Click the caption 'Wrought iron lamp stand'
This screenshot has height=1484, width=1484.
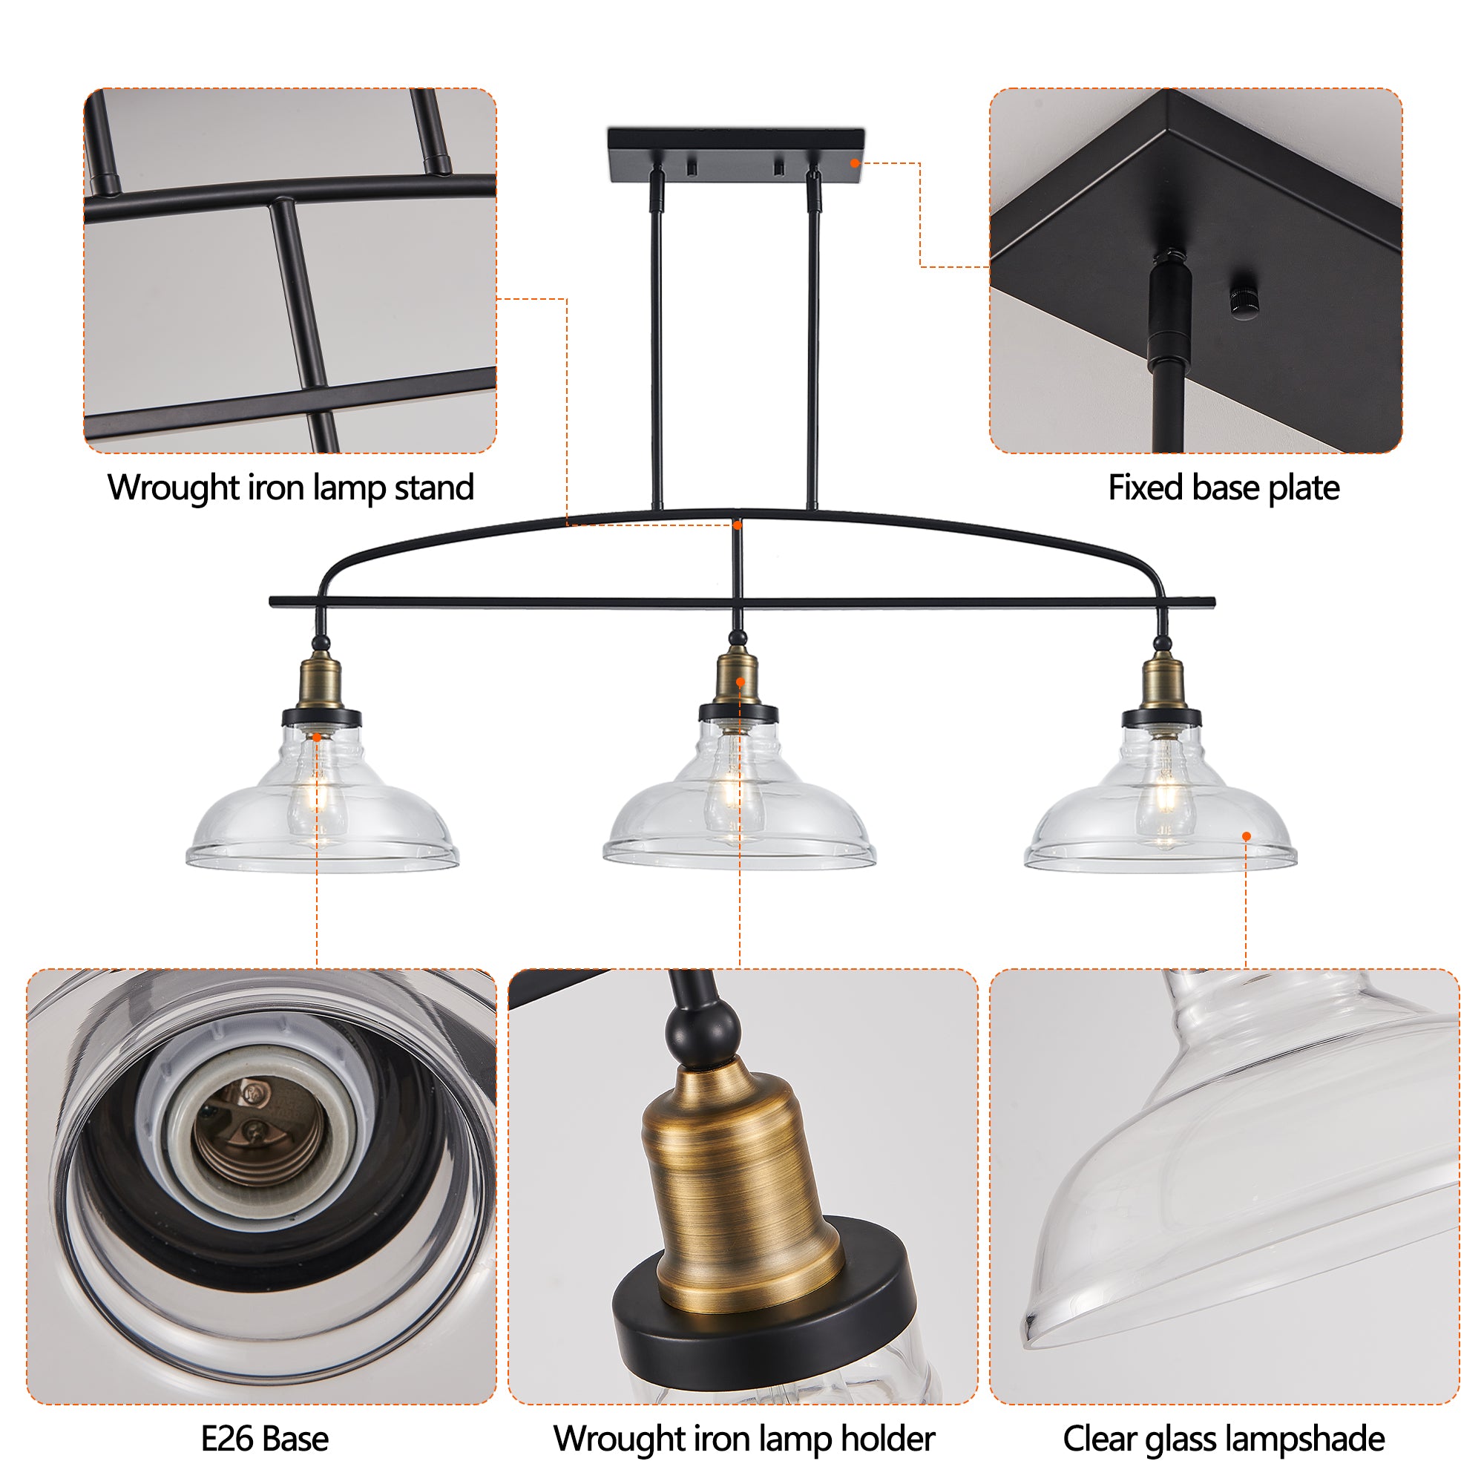290,487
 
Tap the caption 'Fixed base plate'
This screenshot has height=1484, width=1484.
1223,487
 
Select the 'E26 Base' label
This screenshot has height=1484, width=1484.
264,1438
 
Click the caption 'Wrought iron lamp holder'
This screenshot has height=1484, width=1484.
743,1438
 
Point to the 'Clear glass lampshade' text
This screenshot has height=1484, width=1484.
1223,1438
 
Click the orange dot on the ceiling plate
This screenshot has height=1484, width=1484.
854,162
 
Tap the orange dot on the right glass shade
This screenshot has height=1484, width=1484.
1246,835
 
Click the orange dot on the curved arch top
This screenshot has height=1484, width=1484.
737,525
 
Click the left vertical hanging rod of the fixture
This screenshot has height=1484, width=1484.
657,346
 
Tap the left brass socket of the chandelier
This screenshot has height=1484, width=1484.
321,681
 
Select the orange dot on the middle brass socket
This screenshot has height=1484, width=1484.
740,681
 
